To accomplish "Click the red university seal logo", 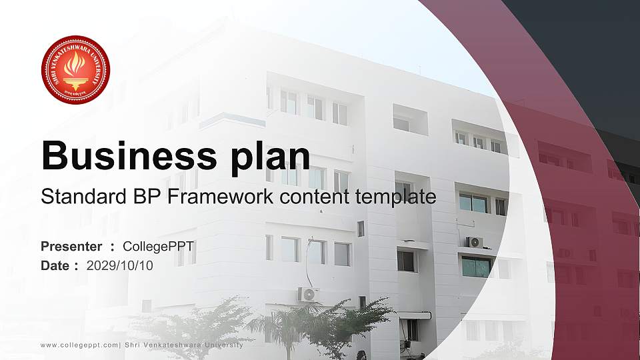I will [x=75, y=70].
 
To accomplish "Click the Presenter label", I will [x=71, y=247].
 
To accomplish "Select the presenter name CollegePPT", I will [x=158, y=247].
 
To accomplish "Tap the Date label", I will [x=55, y=265].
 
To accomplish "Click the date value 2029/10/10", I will [x=119, y=265].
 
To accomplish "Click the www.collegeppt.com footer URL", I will [x=79, y=345].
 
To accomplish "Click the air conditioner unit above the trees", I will [x=307, y=294].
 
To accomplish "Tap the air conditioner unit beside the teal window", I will [x=475, y=242].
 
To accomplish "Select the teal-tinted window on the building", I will [x=476, y=267].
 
